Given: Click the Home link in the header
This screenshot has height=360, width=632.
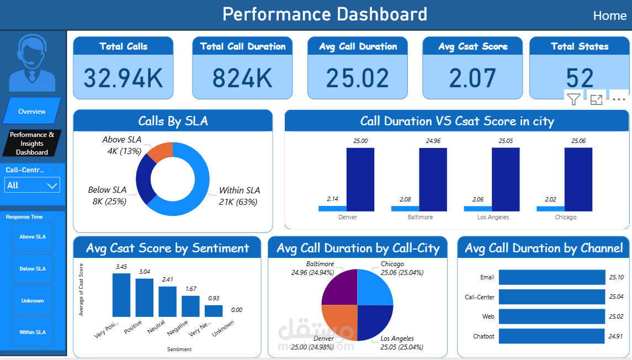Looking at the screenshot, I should tap(609, 16).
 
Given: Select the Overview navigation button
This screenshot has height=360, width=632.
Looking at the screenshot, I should tap(32, 111).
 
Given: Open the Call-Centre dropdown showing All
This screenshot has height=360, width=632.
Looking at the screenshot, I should tap(33, 186).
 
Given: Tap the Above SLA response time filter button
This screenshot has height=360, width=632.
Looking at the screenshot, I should tap(33, 237).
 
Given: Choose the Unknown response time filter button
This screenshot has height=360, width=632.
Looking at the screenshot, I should tap(33, 301).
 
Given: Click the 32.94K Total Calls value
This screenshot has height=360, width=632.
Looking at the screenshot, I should tap(123, 78).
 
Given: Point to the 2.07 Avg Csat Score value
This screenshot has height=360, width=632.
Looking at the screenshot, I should tap(472, 78).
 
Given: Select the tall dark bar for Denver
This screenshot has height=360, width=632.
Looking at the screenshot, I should tap(360, 179).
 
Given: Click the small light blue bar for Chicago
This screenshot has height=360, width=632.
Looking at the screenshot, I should tap(550, 209).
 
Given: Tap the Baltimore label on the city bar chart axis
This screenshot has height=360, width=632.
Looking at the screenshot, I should tap(421, 217).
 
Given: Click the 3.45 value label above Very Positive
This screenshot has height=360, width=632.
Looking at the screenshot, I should tap(121, 267).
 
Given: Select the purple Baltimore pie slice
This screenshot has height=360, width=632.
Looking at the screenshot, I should tap(339, 287).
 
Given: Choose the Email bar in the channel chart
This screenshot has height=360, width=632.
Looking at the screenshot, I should tap(552, 277).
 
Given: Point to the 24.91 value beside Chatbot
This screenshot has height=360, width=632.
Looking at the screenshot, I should tap(616, 336).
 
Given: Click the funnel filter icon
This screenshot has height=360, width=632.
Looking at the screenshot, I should tap(573, 99).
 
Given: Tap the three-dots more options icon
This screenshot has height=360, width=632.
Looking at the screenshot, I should tap(619, 99).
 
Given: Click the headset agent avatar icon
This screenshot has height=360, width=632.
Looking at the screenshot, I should tap(32, 62).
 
